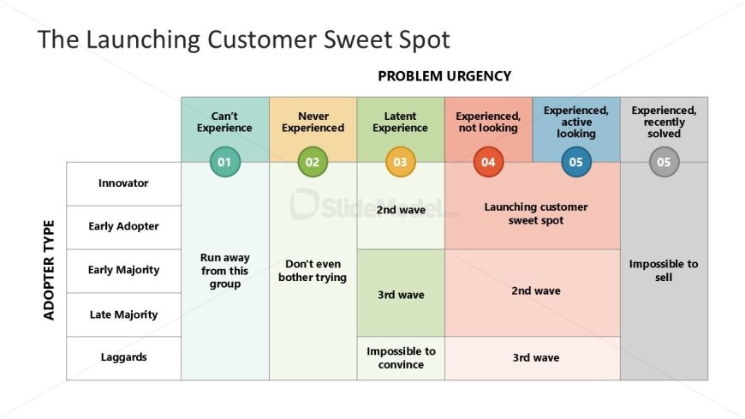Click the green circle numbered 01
224,162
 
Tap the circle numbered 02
313,162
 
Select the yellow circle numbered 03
401,162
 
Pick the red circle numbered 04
488,162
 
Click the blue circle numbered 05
575,162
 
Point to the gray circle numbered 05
664,162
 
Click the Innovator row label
123,183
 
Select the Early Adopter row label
123,226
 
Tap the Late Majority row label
123,314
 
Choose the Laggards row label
123,357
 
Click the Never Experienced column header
313,122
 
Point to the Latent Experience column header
400,122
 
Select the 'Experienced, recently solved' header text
664,122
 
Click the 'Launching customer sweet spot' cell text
536,213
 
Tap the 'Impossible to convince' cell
401,357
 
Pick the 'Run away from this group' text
224,271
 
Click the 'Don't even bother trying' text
313,271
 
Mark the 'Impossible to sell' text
664,271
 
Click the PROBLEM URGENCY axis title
444,76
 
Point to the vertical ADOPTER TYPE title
49,270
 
